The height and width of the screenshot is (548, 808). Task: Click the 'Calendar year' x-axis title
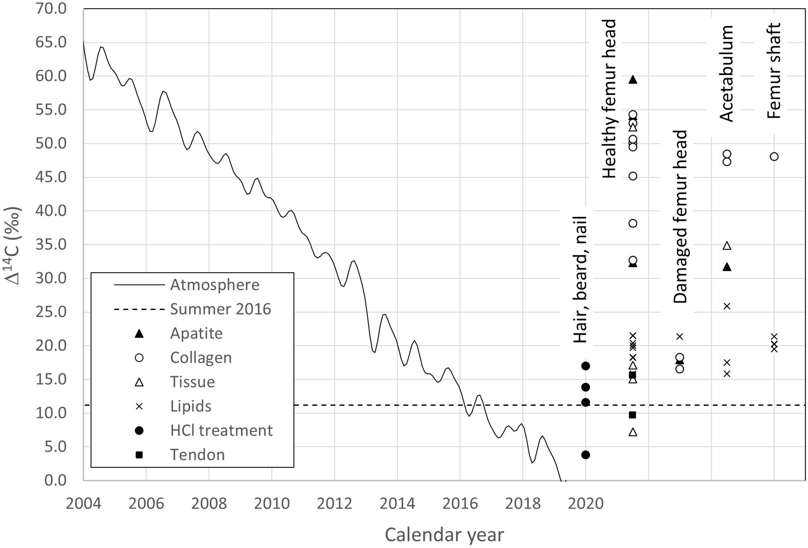(444, 534)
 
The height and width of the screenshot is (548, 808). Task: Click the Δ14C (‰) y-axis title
(13, 246)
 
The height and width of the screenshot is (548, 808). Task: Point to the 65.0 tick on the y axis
(51, 42)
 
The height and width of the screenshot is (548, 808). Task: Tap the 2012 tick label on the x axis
(334, 503)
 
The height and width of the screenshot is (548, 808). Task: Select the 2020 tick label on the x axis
(586, 503)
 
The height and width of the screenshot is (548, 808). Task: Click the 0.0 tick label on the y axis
(55, 480)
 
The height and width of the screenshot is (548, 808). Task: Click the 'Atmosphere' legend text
(215, 285)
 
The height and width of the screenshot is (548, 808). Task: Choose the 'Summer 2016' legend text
(220, 309)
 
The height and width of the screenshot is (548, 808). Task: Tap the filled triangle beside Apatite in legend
(139, 333)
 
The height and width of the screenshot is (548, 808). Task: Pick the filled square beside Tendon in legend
(139, 455)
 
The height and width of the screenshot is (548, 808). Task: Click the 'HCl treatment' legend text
(221, 431)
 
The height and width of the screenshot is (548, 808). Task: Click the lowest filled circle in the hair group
(586, 455)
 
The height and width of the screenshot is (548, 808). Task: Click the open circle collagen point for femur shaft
(774, 157)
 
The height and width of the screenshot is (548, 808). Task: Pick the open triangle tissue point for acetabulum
(727, 246)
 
